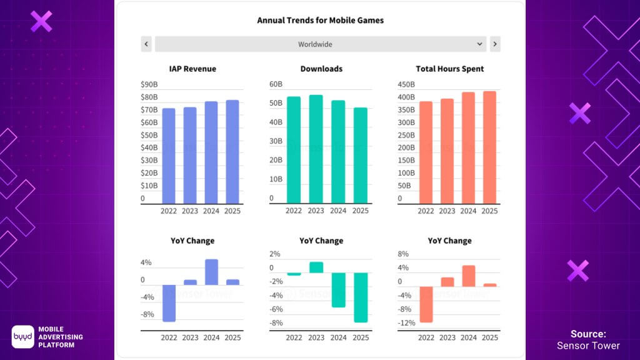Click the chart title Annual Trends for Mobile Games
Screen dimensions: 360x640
point(320,20)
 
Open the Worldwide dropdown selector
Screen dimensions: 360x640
point(320,44)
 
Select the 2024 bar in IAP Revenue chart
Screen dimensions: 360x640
point(211,152)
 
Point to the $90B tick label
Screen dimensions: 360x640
point(150,84)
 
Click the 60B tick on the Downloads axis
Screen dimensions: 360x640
point(276,84)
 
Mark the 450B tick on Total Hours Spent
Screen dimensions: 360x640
point(406,84)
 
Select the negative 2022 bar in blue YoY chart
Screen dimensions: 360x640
point(169,303)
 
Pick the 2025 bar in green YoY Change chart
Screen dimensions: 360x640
point(361,297)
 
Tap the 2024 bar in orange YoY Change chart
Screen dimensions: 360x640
point(468,276)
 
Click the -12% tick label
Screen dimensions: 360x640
point(406,322)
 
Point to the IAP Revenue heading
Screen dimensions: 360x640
point(192,69)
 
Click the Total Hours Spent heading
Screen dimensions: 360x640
point(449,69)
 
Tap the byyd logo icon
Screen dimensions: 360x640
point(23,337)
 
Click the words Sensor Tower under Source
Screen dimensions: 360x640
point(588,346)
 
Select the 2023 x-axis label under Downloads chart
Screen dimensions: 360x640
point(316,211)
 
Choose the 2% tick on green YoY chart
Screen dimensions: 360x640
point(275,254)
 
